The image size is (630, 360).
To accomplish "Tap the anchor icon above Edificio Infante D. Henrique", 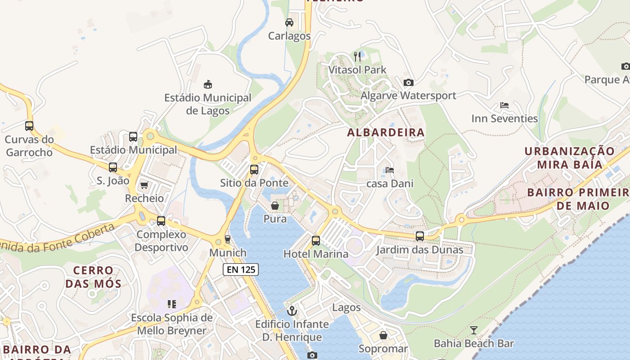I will [292, 310].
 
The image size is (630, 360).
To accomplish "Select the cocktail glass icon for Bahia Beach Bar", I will [473, 330].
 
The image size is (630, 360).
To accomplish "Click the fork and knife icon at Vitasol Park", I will [357, 56].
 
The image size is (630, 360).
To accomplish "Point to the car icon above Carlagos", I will [289, 22].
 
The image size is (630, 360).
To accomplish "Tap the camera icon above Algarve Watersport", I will [408, 82].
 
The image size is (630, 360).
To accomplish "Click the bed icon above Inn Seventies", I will [504, 105].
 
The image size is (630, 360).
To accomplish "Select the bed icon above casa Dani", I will [390, 170].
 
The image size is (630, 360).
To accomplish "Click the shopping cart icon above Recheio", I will [144, 185].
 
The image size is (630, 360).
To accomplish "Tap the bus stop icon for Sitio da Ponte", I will [254, 170].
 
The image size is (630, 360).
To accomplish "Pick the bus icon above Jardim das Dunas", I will [420, 236].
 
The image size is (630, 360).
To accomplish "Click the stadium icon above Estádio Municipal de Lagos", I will [207, 84].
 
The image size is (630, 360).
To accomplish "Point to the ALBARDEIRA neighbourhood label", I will [386, 132].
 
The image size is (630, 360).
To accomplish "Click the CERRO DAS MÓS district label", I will [93, 277].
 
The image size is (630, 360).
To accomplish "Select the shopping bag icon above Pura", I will [275, 206].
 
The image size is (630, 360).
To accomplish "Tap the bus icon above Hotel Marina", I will [316, 241].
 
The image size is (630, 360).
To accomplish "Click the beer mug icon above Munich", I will [228, 239].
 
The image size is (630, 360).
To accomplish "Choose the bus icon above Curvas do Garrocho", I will [29, 126].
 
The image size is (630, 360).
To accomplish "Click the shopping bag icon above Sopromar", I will [383, 335].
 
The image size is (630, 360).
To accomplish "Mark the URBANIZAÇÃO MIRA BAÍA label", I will [570, 157].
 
